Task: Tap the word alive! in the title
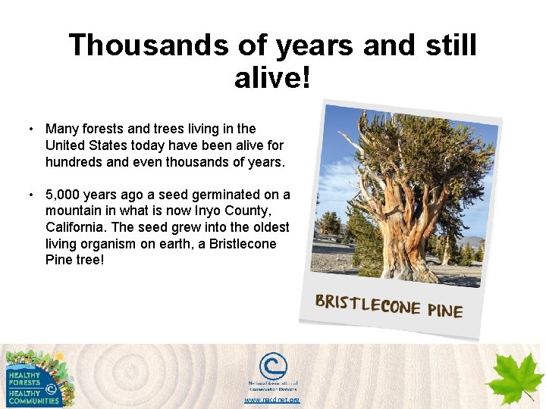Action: pyautogui.click(x=273, y=76)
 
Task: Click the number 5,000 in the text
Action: pyautogui.click(x=67, y=195)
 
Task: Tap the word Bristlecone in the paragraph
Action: pyautogui.click(x=240, y=245)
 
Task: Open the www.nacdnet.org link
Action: pyautogui.click(x=271, y=399)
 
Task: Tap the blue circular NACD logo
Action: pyautogui.click(x=272, y=367)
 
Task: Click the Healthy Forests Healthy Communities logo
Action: pyautogui.click(x=34, y=379)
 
